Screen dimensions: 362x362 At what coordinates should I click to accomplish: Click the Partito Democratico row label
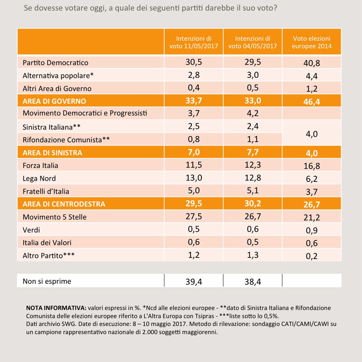[55, 62]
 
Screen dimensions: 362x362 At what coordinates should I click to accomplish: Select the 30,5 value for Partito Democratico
[194, 62]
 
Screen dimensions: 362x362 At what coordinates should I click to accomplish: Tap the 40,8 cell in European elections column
[312, 63]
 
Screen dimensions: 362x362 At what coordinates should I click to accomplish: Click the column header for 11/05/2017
[194, 42]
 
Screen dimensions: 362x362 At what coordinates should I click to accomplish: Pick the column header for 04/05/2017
[252, 42]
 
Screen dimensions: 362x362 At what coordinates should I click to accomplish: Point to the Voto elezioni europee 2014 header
[312, 42]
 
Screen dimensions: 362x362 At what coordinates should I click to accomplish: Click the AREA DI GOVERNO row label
[54, 101]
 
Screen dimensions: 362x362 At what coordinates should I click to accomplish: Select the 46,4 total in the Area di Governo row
[312, 102]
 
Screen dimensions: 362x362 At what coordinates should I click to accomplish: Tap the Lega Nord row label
[39, 178]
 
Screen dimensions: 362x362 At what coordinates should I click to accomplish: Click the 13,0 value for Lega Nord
[194, 178]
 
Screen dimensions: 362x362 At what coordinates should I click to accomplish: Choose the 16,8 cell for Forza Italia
[312, 166]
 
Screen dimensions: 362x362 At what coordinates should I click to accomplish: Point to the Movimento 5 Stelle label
[54, 217]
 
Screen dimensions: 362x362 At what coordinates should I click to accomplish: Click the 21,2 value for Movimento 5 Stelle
[312, 218]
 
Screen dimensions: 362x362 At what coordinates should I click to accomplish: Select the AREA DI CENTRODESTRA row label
[64, 204]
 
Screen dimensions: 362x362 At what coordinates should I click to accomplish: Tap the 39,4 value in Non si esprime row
[194, 281]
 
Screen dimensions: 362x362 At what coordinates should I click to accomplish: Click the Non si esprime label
[47, 281]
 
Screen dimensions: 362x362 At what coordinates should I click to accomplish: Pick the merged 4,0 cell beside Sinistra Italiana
[312, 134]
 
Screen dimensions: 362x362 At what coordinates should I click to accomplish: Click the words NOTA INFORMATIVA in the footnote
[56, 308]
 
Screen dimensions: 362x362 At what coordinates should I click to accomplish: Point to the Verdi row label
[31, 230]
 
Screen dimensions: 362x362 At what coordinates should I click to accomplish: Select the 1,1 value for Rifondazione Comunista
[252, 139]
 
